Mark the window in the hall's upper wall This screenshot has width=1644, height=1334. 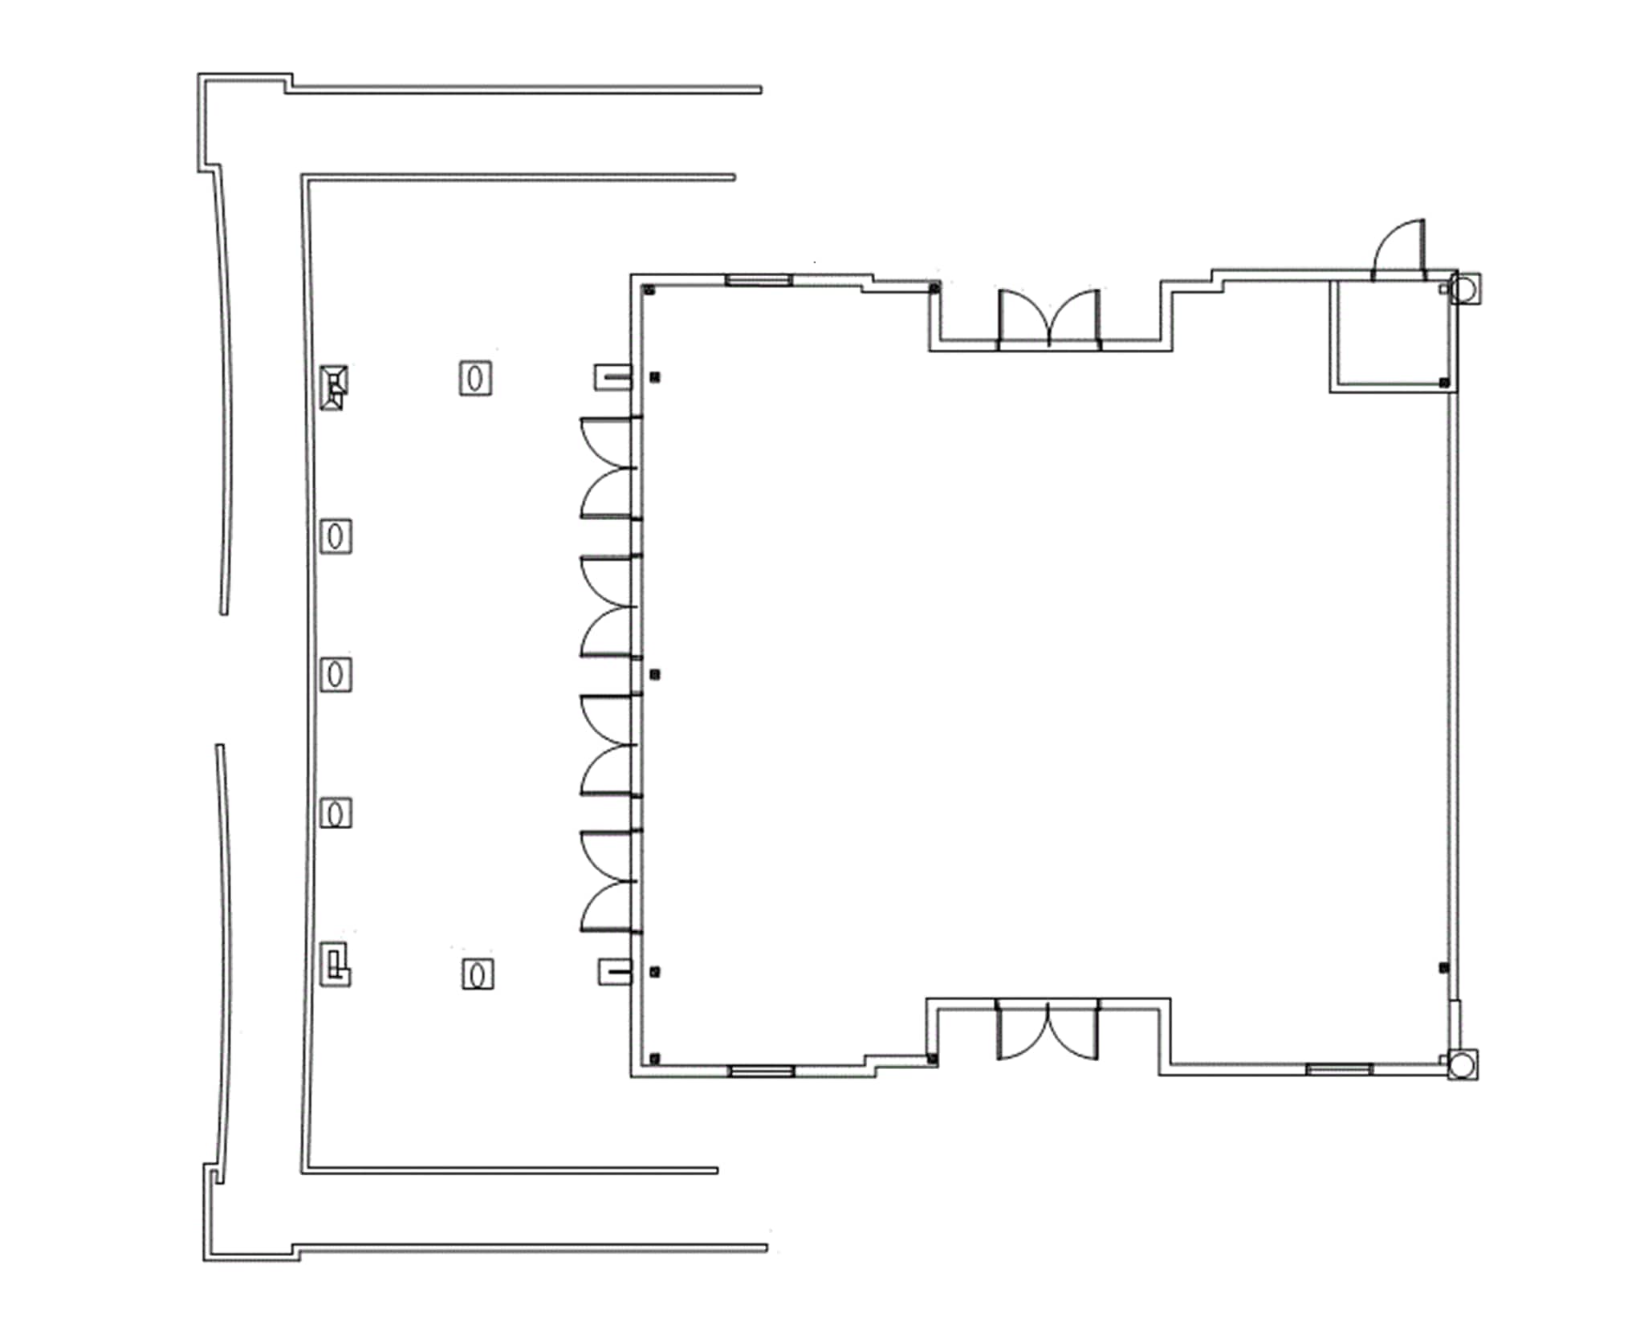[759, 280]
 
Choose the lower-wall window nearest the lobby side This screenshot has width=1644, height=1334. [761, 1071]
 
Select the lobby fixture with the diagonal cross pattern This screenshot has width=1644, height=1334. [333, 387]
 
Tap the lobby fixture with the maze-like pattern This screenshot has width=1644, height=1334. [335, 964]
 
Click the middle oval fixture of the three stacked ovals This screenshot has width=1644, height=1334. [336, 674]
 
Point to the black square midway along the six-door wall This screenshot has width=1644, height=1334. [655, 675]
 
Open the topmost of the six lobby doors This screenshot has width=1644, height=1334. [608, 442]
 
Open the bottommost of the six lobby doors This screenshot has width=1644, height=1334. [608, 907]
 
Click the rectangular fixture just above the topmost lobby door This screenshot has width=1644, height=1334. [612, 376]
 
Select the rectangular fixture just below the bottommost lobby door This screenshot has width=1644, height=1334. [615, 972]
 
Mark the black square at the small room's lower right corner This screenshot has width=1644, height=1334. [1444, 383]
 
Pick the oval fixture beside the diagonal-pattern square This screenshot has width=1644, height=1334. [475, 378]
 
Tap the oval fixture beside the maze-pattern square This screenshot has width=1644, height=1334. [478, 974]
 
